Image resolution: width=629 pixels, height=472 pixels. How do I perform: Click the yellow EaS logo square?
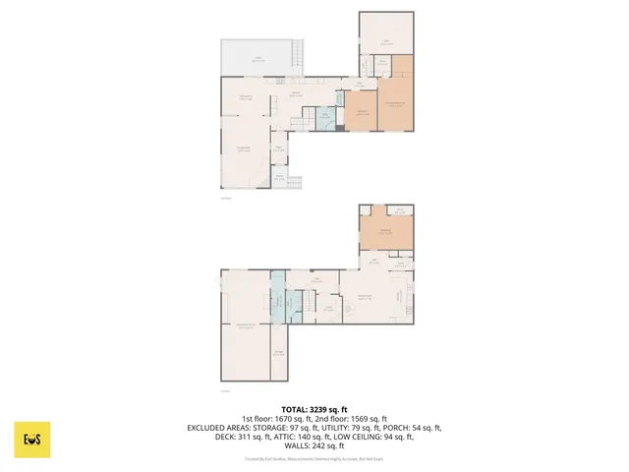point(32,440)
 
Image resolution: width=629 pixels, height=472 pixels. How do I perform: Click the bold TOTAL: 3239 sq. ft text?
point(314,409)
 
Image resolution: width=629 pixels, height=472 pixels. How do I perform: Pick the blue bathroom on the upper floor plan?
point(324,116)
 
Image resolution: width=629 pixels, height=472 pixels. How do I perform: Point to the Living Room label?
point(245,148)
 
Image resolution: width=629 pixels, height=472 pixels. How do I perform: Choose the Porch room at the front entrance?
point(279,178)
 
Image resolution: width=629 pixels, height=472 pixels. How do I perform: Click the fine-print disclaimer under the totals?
point(314,458)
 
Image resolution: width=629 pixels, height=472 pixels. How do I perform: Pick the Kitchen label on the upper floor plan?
point(295,94)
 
